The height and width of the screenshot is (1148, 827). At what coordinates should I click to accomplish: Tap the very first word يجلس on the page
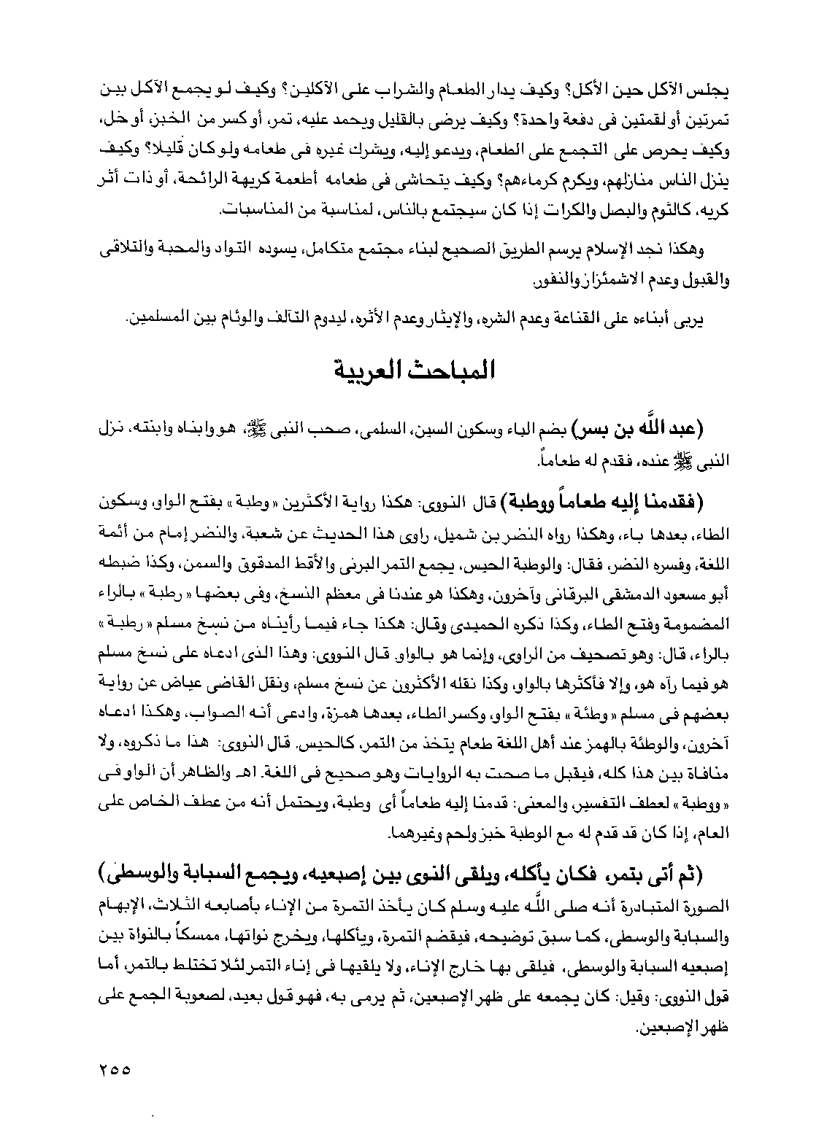point(714,94)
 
